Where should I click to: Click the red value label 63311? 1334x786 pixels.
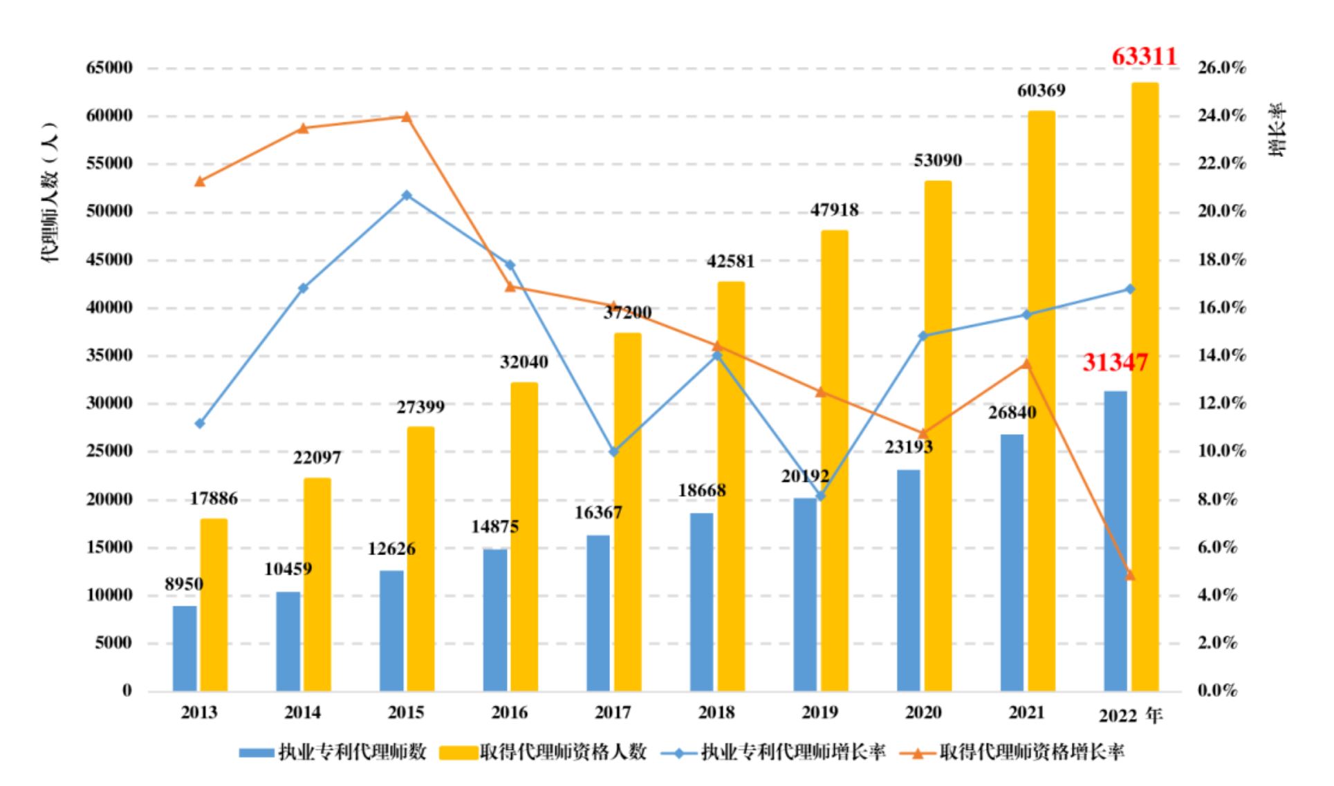1144,56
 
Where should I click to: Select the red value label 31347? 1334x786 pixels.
1115,362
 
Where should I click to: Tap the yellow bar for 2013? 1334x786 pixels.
214,605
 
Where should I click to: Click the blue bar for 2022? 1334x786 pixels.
1115,541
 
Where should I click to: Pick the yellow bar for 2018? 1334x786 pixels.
731,487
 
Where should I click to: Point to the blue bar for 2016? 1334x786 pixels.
494,620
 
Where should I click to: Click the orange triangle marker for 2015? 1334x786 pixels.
407,116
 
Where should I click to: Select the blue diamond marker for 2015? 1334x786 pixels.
407,196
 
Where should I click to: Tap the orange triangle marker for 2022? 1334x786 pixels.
1130,574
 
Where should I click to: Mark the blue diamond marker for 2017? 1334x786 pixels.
613,451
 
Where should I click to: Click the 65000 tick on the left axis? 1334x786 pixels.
109,68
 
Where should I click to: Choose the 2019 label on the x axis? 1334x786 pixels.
819,712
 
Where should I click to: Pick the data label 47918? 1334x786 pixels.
834,209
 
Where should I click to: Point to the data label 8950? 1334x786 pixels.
184,584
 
